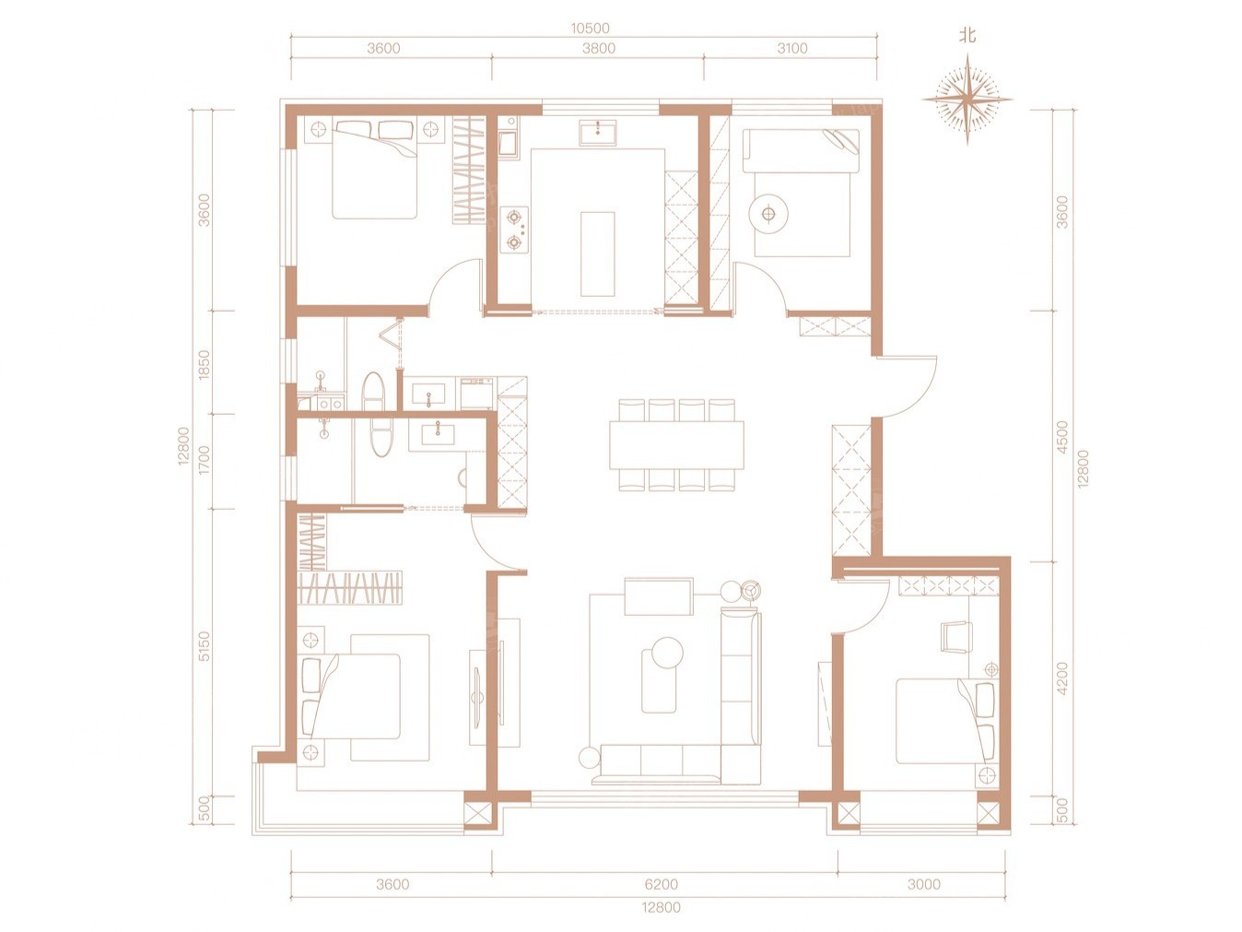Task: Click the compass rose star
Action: coord(967,100)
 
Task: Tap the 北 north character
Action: coord(967,37)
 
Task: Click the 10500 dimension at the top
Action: coord(590,29)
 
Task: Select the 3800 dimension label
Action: coord(599,49)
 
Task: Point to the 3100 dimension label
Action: coord(792,49)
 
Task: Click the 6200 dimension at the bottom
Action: coord(661,884)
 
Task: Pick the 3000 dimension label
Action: coord(924,884)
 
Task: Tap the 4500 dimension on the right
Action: coord(1062,437)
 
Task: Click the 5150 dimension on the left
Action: coord(205,646)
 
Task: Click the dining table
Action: coord(676,444)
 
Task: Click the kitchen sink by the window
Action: coord(598,133)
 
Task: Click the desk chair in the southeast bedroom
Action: coord(956,638)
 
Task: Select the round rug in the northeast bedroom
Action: coord(768,214)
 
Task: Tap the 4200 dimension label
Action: coord(1062,678)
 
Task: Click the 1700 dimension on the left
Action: coord(205,460)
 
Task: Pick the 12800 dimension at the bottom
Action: coord(661,908)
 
